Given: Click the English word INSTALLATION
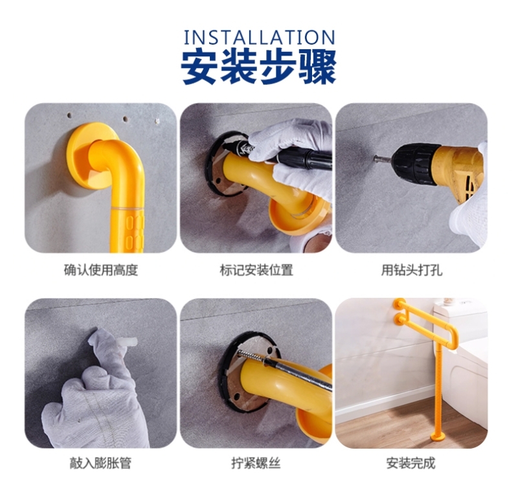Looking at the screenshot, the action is click(x=259, y=38).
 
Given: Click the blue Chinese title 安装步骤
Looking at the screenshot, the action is click(x=258, y=67).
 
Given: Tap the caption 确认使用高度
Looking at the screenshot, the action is click(x=101, y=270).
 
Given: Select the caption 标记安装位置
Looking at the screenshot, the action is click(x=256, y=270).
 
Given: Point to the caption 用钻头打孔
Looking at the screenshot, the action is click(x=412, y=270).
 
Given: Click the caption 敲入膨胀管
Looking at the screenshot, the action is click(x=100, y=463).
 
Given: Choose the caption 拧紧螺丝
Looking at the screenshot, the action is click(x=256, y=463).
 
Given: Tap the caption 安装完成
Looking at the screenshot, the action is click(x=411, y=463).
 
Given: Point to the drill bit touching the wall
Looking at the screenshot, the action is click(x=383, y=159).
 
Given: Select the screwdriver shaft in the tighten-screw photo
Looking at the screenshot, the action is click(x=284, y=370).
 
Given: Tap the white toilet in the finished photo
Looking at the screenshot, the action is click(x=462, y=347).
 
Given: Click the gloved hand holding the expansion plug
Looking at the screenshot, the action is click(x=96, y=390).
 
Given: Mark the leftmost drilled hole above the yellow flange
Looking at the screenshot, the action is click(x=69, y=116).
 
